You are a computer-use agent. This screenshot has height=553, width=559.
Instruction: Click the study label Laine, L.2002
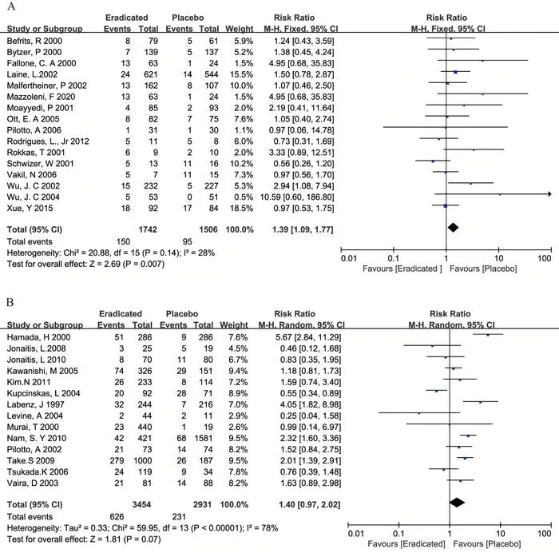[x=32, y=74]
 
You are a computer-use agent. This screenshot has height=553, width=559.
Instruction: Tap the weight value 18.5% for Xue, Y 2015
[x=241, y=208]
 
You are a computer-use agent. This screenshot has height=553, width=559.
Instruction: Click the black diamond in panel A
[x=453, y=227]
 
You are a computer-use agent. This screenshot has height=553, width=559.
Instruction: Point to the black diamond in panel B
[x=457, y=503]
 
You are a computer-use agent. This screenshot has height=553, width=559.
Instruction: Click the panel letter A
[x=11, y=6]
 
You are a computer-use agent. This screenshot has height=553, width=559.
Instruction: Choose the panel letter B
[x=10, y=303]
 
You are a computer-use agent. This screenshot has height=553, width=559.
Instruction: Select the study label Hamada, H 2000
[x=39, y=337]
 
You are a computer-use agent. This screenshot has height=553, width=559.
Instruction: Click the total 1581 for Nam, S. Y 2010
[x=203, y=438]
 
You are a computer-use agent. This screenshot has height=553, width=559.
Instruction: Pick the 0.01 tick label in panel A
[x=349, y=258]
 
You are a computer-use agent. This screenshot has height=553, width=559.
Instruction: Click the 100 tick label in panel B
[x=545, y=534]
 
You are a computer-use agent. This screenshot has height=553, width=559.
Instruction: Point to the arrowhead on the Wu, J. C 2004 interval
[x=549, y=194]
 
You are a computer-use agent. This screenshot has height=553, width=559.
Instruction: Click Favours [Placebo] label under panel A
[x=483, y=269]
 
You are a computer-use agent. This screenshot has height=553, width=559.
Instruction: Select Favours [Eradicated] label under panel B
[x=406, y=544]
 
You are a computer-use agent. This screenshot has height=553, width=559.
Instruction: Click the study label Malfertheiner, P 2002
[x=46, y=86]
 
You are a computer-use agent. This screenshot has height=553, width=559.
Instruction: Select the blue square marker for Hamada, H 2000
[x=488, y=335]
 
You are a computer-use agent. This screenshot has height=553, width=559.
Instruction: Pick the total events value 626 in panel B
[x=117, y=516]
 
